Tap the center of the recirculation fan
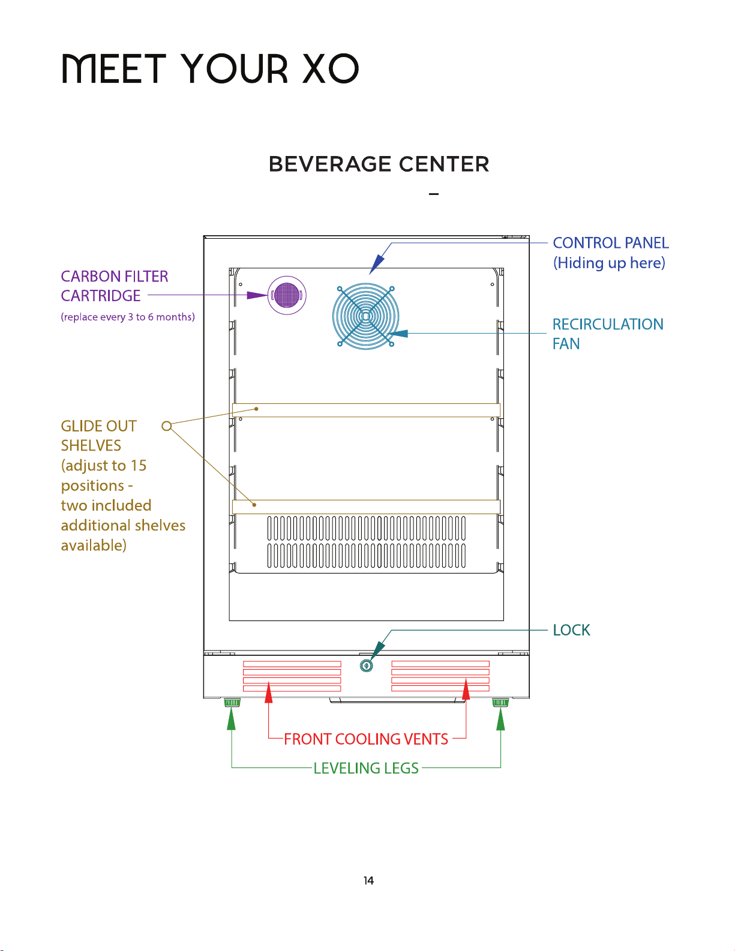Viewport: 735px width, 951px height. [x=366, y=316]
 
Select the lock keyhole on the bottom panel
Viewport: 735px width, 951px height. [x=366, y=665]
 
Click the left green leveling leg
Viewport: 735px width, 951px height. [x=232, y=703]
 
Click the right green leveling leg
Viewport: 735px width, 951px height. [x=500, y=703]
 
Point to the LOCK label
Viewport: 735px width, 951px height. [x=571, y=630]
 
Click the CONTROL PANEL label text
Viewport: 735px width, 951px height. [x=611, y=243]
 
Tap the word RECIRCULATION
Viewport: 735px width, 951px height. [x=608, y=324]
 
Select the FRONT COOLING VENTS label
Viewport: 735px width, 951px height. [x=366, y=739]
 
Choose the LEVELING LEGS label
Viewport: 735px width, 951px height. [x=366, y=768]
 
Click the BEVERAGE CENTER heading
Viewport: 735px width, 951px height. [x=379, y=164]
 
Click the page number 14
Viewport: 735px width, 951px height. [x=368, y=881]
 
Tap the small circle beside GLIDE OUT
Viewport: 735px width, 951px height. [x=166, y=426]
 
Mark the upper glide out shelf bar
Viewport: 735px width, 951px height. [x=366, y=410]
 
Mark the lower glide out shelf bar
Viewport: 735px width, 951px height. [x=366, y=507]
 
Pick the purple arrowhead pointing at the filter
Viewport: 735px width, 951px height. [x=257, y=295]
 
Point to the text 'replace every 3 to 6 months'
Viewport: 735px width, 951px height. [x=128, y=317]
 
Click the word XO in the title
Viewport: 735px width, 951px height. [x=331, y=69]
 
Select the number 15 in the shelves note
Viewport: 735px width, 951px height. [x=139, y=466]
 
